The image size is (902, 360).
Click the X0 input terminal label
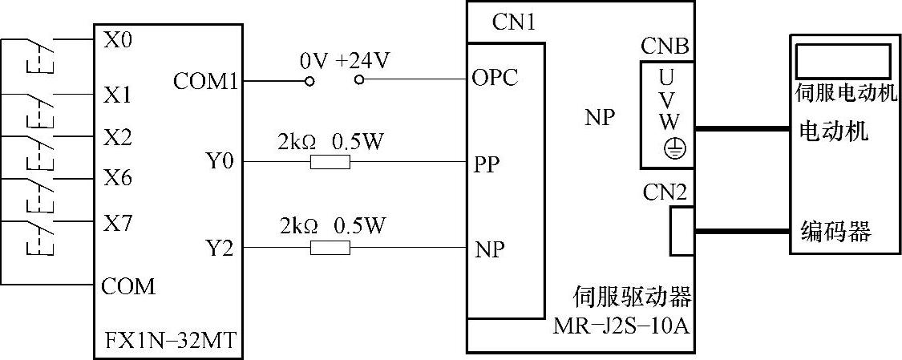click(118, 40)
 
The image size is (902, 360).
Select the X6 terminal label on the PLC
click(118, 178)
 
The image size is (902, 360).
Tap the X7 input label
click(118, 224)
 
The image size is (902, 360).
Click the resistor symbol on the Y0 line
click(330, 163)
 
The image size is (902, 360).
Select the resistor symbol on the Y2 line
click(330, 249)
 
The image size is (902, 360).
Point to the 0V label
click(311, 61)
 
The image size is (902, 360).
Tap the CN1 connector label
click(513, 22)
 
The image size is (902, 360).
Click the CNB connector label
click(665, 47)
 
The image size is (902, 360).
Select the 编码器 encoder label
click(835, 233)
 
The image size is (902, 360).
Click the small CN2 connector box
click(682, 231)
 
